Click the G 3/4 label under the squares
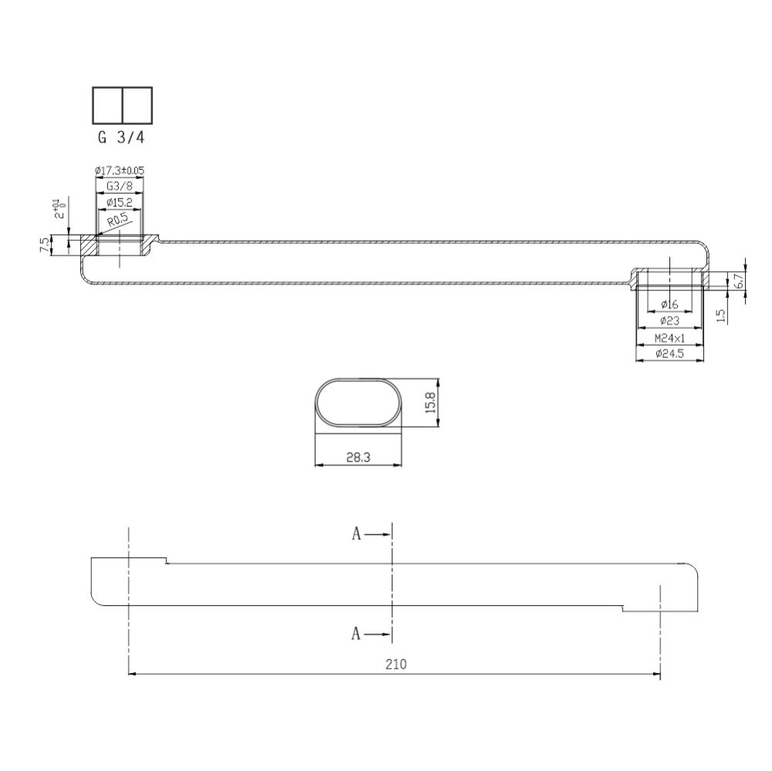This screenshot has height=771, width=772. (x=122, y=140)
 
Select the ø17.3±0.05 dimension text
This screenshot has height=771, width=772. (x=120, y=171)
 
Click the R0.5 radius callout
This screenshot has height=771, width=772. (x=117, y=221)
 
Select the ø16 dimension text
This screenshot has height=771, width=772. (x=669, y=304)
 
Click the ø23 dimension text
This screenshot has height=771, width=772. (x=669, y=320)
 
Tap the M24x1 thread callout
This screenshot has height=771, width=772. (x=669, y=339)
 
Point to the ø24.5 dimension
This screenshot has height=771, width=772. (x=669, y=355)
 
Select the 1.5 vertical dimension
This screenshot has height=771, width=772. (x=720, y=315)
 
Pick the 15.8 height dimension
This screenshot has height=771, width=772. (x=432, y=402)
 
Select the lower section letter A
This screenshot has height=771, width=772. (x=356, y=634)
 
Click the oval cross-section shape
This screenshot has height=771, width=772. (x=358, y=402)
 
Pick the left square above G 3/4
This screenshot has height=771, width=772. (x=107, y=104)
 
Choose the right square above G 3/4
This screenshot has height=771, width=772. (x=137, y=104)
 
